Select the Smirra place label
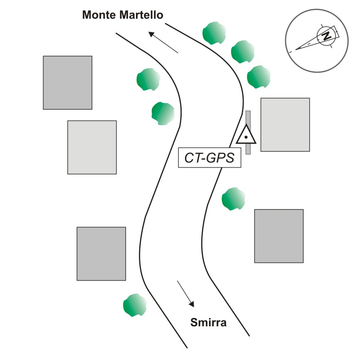tap(208, 322)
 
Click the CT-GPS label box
tap(210, 158)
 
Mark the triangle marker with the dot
tap(246, 136)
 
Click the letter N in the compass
tap(327, 36)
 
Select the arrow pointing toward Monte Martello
tap(163, 42)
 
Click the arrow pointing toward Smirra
tap(185, 293)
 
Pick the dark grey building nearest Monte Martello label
tap(67, 83)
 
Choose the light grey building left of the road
tap(92, 147)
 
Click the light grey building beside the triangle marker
tap(285, 124)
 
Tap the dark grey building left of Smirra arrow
tap(101, 254)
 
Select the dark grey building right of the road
tap(279, 236)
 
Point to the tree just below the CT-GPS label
tap(234, 199)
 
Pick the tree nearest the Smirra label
tap(135, 306)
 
